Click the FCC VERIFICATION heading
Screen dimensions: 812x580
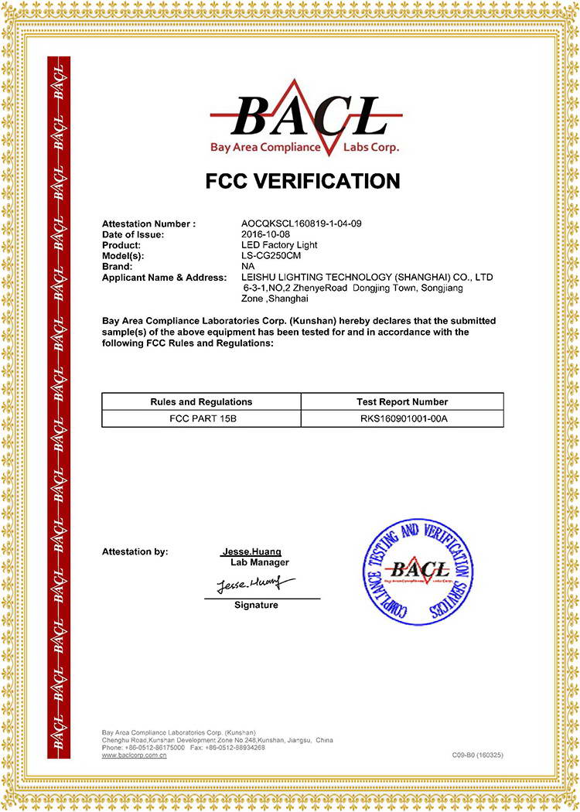pyautogui.click(x=303, y=181)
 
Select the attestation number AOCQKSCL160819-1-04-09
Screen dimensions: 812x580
pyautogui.click(x=302, y=223)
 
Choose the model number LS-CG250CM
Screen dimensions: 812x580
pyautogui.click(x=270, y=255)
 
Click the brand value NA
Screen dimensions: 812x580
pyautogui.click(x=248, y=266)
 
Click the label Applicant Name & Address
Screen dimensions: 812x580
pyautogui.click(x=164, y=277)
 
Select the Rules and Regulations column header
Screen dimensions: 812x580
pyautogui.click(x=201, y=401)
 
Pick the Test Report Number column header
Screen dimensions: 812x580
pyautogui.click(x=402, y=401)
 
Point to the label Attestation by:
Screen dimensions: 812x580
pyautogui.click(x=135, y=552)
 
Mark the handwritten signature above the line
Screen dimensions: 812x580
pyautogui.click(x=255, y=583)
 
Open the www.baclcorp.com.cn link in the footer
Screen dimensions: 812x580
pyautogui.click(x=135, y=756)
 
